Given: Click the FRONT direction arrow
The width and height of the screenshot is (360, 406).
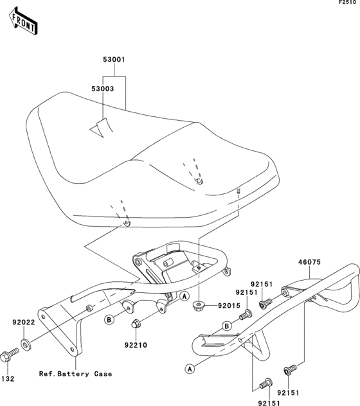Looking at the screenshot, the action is click(x=23, y=21).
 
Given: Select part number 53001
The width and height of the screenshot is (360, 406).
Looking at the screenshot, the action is click(x=114, y=60).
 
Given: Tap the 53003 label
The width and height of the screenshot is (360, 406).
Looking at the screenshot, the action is click(x=103, y=89).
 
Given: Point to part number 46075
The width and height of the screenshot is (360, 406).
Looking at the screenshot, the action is click(x=309, y=262).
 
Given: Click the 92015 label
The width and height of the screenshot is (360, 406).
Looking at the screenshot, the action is click(x=229, y=306).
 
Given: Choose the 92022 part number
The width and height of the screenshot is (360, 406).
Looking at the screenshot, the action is click(x=24, y=322).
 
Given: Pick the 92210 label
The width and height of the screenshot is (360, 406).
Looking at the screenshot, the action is click(x=136, y=345).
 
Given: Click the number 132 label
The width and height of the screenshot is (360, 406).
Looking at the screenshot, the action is click(x=8, y=379).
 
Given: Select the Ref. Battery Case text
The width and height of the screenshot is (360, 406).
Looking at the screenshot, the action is click(x=75, y=374).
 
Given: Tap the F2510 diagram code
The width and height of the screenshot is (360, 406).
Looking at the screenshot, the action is click(x=348, y=3).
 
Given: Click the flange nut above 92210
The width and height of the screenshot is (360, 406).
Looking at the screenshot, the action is click(x=136, y=324).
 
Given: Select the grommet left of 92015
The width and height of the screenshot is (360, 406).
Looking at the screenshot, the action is click(x=199, y=306).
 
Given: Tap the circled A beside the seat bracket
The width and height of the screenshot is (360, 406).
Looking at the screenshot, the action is click(x=184, y=296).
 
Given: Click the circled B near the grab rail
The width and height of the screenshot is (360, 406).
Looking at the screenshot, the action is click(x=227, y=326).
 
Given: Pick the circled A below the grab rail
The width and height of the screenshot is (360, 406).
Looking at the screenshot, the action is click(x=190, y=369).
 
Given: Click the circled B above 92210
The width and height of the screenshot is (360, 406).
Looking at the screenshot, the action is click(x=109, y=320).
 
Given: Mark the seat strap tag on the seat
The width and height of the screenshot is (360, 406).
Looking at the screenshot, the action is click(x=102, y=127).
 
